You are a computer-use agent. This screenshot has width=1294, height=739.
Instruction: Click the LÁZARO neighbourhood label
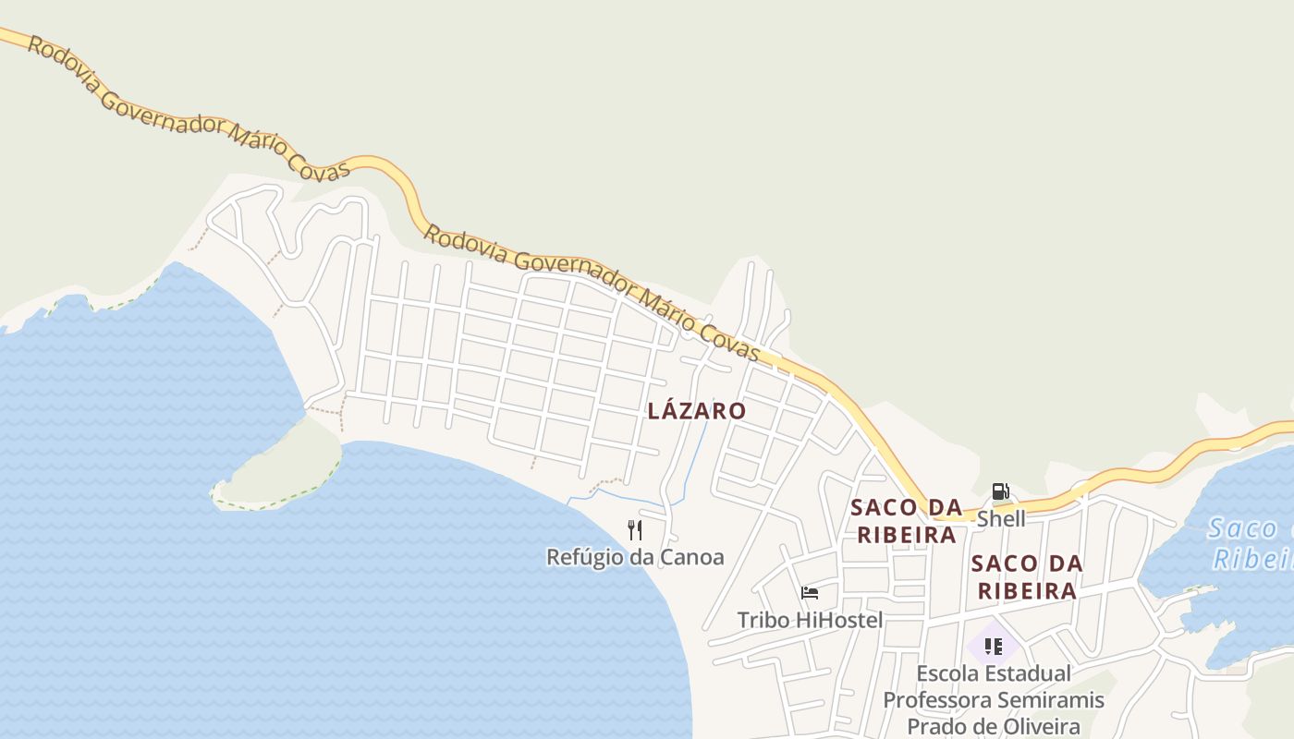tap(696, 411)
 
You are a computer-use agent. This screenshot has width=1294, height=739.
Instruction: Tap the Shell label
tap(1001, 519)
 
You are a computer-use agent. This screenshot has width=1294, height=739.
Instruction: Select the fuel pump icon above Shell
tap(1000, 491)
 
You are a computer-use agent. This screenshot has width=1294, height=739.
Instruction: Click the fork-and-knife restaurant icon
tap(634, 530)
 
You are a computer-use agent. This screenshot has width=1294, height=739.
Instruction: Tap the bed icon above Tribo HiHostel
tap(810, 593)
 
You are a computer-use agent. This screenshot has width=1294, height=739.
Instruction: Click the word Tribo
tap(763, 620)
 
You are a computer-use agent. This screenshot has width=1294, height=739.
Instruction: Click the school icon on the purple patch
tap(994, 647)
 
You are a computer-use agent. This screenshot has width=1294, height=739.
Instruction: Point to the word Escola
tap(946, 673)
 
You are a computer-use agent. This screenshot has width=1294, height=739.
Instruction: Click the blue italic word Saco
tap(1242, 529)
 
